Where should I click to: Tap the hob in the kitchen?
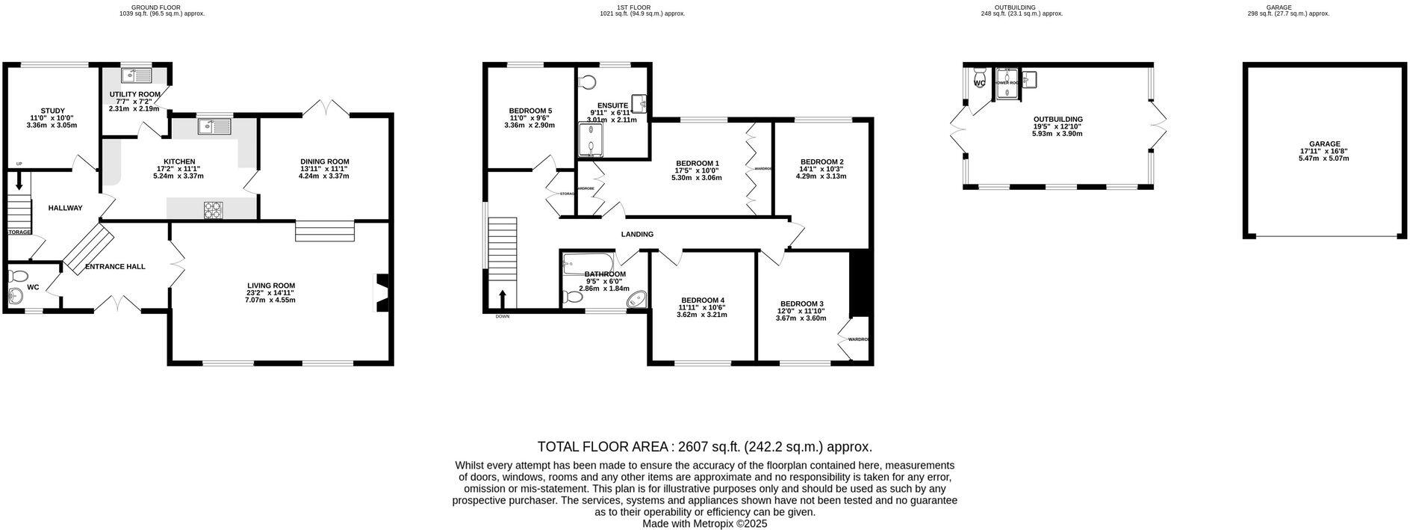tap(213, 211)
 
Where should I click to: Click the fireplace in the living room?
tap(381, 292)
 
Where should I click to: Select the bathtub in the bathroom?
tap(588, 262)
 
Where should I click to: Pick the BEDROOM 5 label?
tap(530, 110)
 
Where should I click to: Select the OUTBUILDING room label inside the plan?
tap(1057, 119)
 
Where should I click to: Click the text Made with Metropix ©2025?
tap(705, 524)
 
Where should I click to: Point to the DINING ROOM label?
tap(325, 161)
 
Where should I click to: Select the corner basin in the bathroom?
tap(636, 301)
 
